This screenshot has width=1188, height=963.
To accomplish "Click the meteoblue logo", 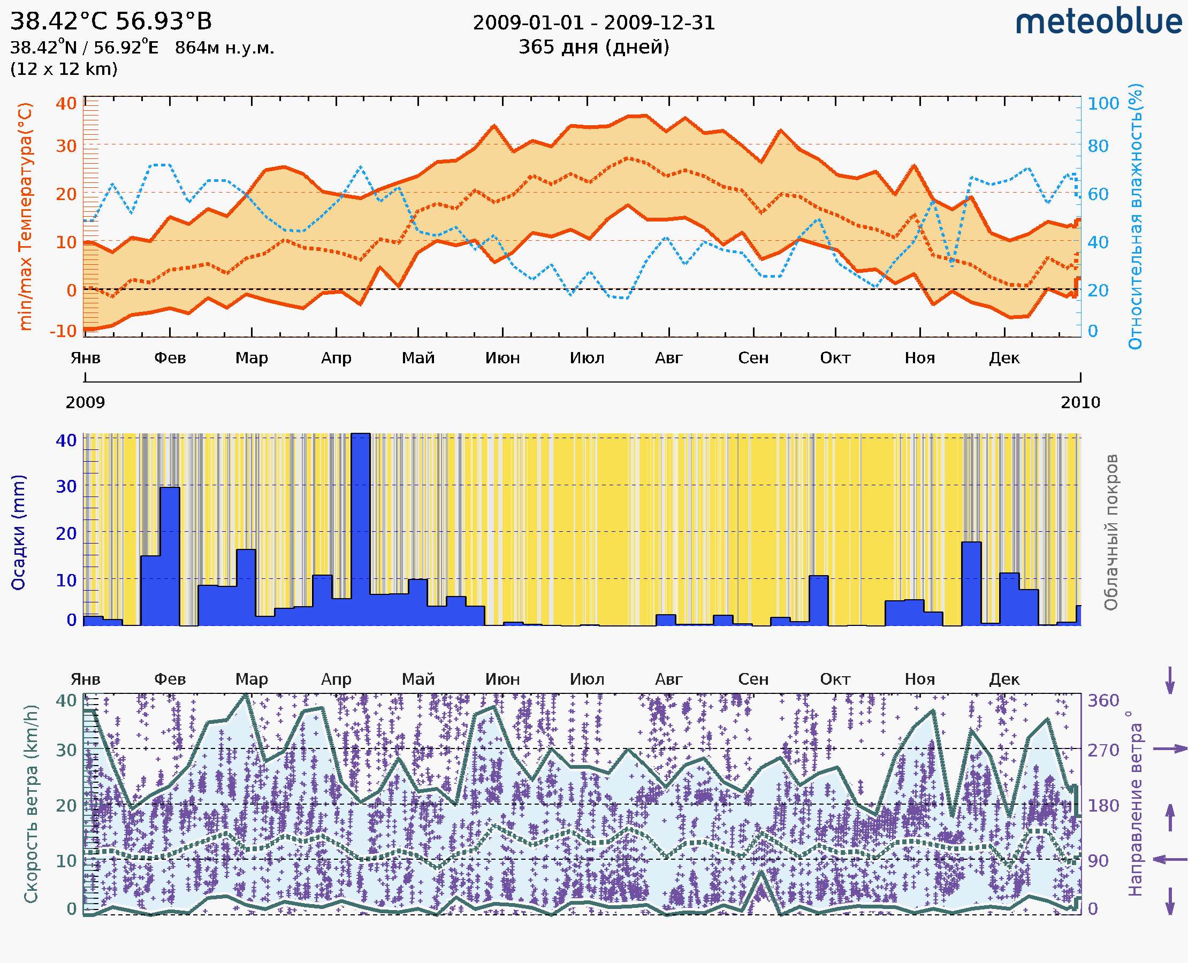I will pos(1098,22).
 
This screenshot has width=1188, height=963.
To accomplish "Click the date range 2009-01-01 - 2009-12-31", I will pos(593,23).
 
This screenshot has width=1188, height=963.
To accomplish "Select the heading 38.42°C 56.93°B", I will pos(111,21).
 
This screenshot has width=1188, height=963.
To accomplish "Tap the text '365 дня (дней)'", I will pos(593,47).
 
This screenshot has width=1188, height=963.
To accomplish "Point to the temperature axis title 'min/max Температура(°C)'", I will pos(26,216).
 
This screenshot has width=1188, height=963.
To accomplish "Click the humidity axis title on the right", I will pos(1135,216).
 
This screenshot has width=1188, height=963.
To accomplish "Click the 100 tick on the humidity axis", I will pos(1103,104).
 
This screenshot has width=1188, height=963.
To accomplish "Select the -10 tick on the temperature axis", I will pos(63,331).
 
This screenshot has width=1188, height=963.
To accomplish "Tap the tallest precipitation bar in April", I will pos(361,527).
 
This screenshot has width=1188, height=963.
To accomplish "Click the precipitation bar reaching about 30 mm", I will pos(170,555).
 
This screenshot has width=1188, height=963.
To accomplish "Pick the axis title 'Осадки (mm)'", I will pos(18,532).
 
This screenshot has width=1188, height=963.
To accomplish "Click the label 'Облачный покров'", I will pos(1110,532).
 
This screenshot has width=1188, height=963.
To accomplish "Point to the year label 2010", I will pos(1080,402).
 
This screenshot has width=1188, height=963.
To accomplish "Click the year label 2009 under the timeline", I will pos(85,402).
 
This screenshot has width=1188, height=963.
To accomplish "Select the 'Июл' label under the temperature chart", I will pos(587,358).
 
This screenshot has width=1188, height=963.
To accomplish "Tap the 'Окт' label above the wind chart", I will pos(835,679).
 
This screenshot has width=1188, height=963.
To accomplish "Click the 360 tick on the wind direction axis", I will pos(1103,700).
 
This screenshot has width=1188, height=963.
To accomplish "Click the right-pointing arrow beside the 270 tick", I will pos(1170,749).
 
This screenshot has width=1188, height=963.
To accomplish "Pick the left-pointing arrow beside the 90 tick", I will pos(1170,860).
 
